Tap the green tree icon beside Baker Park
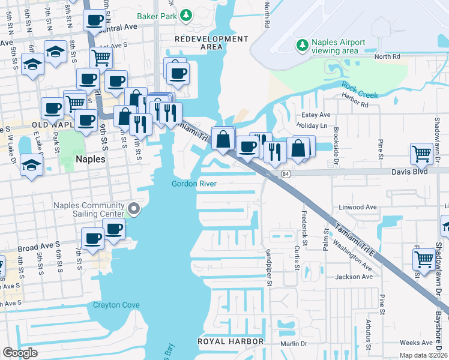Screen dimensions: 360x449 click(x=186, y=15)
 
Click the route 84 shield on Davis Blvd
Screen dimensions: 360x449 click(x=285, y=173)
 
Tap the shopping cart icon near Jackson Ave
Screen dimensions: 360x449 click(x=424, y=259)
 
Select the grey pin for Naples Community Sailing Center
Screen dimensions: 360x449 click(x=134, y=209)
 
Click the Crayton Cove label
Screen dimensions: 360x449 click(x=116, y=305)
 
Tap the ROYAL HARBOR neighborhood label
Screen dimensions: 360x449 click(x=231, y=341)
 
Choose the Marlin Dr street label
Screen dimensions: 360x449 click(x=294, y=344)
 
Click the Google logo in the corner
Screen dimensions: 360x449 click(x=20, y=353)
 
